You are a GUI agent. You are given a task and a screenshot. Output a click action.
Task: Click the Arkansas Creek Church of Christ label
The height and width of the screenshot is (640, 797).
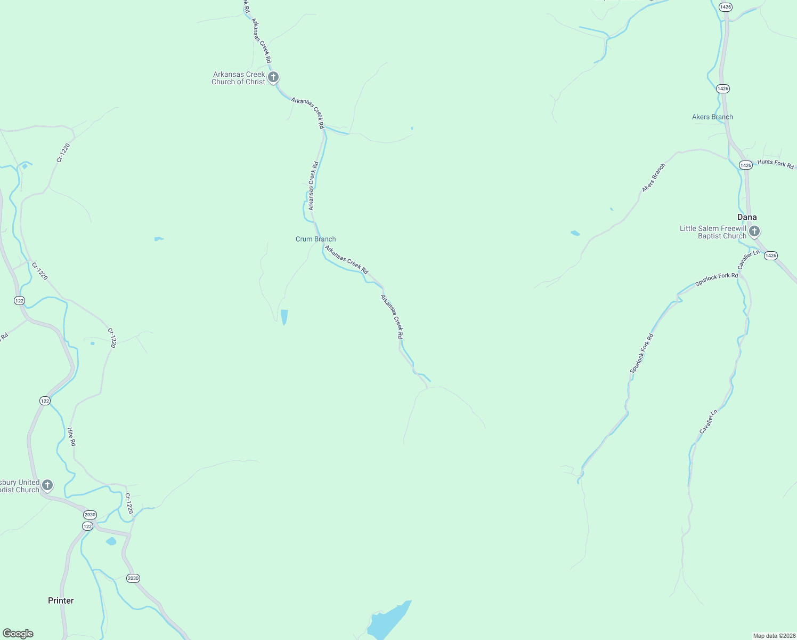pos(238,78)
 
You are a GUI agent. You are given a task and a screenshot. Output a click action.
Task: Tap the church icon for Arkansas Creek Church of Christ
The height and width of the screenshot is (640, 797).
pos(273,77)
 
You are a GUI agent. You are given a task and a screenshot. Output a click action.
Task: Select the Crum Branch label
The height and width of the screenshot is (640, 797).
pos(315,239)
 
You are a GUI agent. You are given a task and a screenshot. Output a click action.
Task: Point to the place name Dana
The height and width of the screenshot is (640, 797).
pos(746,217)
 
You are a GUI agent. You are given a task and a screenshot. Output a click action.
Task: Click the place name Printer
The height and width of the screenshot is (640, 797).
pos(61,601)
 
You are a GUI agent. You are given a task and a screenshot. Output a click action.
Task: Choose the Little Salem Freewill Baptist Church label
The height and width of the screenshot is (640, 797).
pos(713,232)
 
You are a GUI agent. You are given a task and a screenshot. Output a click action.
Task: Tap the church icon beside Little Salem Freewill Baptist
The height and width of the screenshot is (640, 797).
pos(754,231)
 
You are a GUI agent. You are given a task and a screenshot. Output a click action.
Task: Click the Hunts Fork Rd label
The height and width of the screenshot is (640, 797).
pos(775,164)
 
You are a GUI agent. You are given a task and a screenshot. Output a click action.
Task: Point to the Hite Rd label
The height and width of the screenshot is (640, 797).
pos(71,436)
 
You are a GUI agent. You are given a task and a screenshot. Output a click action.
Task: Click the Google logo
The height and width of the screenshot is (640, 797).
pos(18,634)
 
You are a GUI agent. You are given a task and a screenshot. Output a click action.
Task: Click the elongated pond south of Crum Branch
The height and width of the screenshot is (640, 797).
pos(284,317)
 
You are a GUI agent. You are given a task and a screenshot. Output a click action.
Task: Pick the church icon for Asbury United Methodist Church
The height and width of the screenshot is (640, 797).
pos(47,485)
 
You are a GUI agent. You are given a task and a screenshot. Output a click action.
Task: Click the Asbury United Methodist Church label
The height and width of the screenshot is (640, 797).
pos(20,486)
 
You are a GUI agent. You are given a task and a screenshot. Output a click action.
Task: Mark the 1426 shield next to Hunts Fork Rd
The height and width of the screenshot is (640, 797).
pos(745,165)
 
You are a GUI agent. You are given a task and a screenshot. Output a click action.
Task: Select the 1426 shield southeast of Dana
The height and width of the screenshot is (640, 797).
pos(770,256)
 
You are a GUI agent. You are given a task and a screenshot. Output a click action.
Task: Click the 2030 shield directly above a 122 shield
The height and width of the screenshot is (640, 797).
pos(90,515)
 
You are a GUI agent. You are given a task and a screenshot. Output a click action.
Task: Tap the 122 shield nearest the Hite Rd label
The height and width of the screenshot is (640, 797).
pos(45,401)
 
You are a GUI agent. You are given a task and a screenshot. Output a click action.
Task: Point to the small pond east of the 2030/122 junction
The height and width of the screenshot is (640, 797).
pos(111,541)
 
